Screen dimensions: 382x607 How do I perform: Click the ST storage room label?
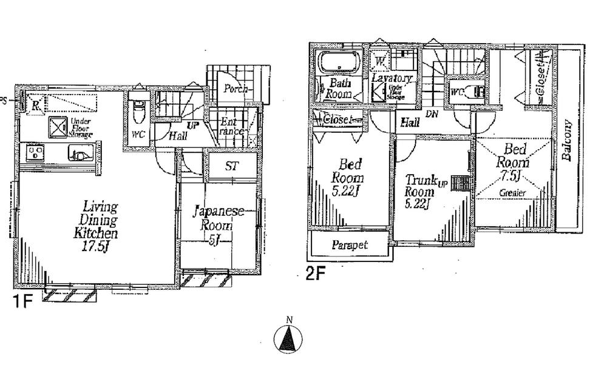point(231,166)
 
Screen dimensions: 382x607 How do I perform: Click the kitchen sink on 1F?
point(78,155)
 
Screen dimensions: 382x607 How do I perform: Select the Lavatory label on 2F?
point(392,78)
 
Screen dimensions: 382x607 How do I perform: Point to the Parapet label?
point(350,246)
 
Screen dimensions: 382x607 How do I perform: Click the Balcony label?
point(568,140)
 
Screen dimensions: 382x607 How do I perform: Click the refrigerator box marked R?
point(37,106)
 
